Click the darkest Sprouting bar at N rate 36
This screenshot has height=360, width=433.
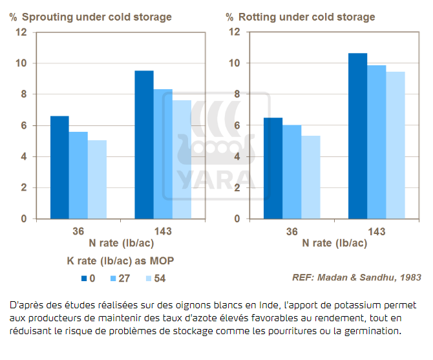(59, 167)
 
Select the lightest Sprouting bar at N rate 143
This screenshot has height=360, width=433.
(182, 160)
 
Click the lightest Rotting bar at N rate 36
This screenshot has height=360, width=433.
(311, 177)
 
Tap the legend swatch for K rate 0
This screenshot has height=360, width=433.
(83, 279)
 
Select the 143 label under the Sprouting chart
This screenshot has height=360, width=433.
(163, 231)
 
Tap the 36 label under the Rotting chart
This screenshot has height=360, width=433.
(292, 231)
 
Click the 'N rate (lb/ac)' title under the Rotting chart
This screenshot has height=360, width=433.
(335, 244)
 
